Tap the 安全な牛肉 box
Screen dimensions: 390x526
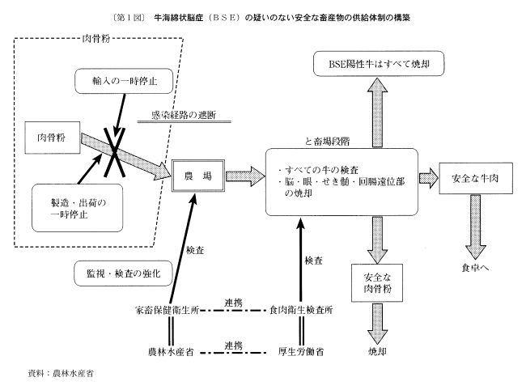[472, 176]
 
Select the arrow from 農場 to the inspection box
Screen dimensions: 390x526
[243, 176]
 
